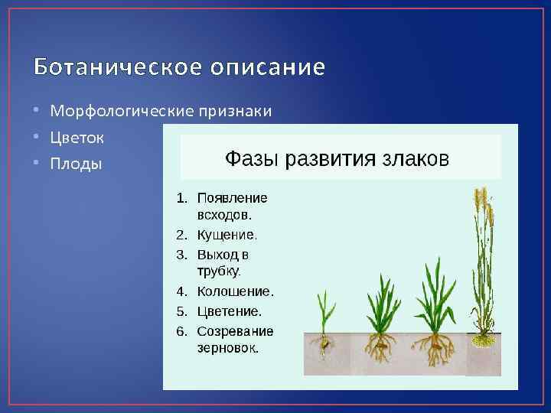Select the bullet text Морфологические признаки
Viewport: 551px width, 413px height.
tap(161, 112)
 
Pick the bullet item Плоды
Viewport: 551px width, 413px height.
tap(76, 164)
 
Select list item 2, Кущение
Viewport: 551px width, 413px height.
tap(227, 235)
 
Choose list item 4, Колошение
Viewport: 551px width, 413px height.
tap(235, 291)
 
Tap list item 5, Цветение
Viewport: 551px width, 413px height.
tap(229, 311)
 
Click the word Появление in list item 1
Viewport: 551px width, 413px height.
tap(232, 197)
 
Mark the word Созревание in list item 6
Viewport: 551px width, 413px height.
tap(235, 331)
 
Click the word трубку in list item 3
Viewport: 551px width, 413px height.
tap(218, 272)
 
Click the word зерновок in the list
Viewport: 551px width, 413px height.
tap(227, 348)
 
